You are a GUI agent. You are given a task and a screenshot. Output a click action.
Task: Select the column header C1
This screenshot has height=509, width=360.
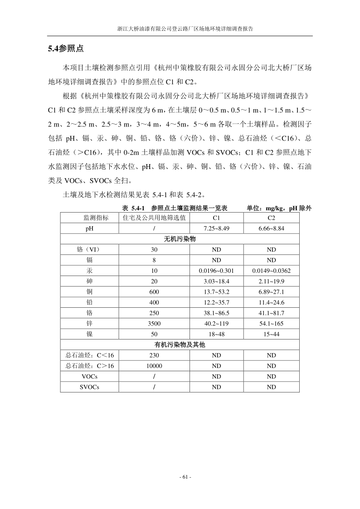[x=216, y=218]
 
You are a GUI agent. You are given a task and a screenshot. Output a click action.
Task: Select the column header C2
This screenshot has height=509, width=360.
[x=271, y=218]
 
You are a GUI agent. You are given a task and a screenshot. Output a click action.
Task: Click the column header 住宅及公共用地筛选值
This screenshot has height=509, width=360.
[x=154, y=218]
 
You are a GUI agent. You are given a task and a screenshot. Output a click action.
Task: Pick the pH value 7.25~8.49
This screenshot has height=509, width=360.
[x=216, y=228]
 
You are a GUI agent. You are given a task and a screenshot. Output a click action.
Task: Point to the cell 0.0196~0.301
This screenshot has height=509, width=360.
[x=216, y=271]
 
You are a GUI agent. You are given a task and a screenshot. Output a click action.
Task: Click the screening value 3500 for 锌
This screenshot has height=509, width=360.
[x=154, y=324]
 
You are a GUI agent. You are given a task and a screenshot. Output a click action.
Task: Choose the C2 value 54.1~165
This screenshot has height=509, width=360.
[x=271, y=324]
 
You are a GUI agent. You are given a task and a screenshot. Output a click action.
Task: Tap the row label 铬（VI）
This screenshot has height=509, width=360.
[x=89, y=249]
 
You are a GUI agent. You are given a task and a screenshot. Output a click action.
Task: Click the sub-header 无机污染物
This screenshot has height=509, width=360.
[x=180, y=239]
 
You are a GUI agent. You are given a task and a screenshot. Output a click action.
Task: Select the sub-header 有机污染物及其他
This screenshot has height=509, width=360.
[x=180, y=345]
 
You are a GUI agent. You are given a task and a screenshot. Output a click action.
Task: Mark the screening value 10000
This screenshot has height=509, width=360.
[x=154, y=366]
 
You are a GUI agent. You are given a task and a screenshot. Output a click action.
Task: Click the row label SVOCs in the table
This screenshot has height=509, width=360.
[x=89, y=387]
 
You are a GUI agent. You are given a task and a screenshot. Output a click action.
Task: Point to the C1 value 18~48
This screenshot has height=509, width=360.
[x=216, y=334]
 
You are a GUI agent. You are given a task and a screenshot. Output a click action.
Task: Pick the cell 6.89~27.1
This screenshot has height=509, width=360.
[x=271, y=292]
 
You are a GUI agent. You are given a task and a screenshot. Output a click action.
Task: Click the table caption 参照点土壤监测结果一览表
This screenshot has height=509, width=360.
[x=189, y=208]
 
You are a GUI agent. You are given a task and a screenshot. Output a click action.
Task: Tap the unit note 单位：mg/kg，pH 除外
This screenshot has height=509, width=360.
[x=279, y=208]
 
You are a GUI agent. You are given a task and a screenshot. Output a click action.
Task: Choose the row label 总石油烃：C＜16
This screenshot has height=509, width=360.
[x=89, y=355]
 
